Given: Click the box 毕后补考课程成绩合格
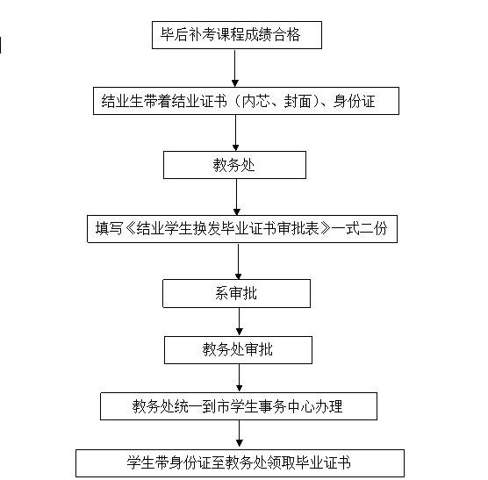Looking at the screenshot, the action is (237, 35).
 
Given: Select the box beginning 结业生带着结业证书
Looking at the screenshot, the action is (246, 101).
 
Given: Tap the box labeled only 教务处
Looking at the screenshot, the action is (234, 165).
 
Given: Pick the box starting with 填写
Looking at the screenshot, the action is (242, 229).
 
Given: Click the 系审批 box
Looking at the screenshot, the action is (236, 293).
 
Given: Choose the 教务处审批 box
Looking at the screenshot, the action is (238, 350).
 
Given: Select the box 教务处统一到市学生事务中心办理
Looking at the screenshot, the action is (239, 406).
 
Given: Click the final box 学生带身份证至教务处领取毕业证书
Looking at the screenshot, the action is (240, 463).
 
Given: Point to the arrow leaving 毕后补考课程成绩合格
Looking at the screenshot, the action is (235, 68).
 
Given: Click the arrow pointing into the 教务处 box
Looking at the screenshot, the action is (235, 133).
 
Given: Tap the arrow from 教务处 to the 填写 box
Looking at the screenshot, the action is (236, 197).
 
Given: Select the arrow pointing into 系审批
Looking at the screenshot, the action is (239, 261).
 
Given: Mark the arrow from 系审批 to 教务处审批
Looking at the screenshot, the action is (240, 322).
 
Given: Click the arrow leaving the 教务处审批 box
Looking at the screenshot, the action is (240, 378).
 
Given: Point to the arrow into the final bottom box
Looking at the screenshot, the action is (240, 435).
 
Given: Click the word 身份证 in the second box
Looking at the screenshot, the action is (354, 101).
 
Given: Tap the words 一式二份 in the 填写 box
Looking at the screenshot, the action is (360, 229).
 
